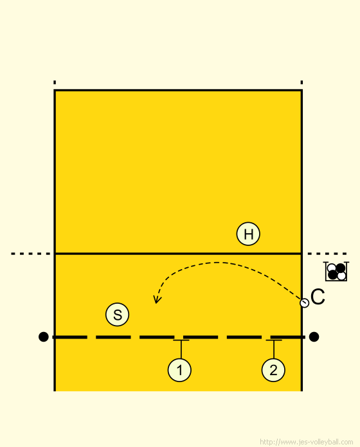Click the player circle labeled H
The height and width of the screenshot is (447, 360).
[x=248, y=234]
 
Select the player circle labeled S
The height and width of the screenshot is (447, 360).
[x=117, y=315]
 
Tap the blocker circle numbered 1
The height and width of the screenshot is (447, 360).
[x=179, y=370]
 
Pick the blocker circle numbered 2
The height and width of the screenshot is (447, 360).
[x=273, y=370]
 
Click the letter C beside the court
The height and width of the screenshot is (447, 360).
[x=318, y=297]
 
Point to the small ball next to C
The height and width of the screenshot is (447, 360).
[x=304, y=302]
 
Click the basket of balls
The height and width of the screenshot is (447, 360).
[x=336, y=272]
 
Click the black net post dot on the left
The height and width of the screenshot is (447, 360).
[x=43, y=337]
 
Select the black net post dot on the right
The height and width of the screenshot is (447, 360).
[x=314, y=337]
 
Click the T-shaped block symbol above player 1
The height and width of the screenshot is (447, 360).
[x=181, y=349]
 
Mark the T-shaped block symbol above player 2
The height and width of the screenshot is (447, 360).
[x=274, y=349]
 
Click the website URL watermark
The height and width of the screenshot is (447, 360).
[x=307, y=442]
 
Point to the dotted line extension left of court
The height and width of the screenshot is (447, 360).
[x=30, y=254]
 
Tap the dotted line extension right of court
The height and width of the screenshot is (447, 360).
[x=327, y=254]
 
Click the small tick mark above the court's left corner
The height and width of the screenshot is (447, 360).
[x=55, y=82]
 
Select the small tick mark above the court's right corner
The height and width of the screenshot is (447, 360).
[x=301, y=82]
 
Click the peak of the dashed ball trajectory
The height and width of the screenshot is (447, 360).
[x=218, y=262]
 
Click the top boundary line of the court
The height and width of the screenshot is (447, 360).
[x=178, y=91]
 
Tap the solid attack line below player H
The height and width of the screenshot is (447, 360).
[x=178, y=253]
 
